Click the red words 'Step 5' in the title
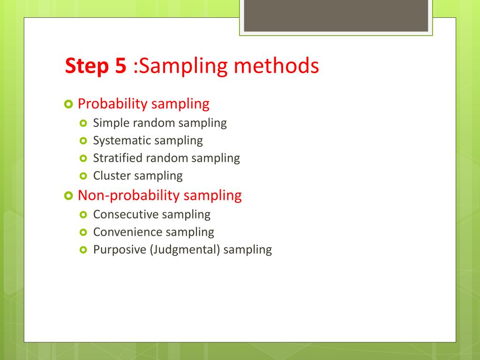(x=95, y=66)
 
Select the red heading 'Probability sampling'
(x=143, y=104)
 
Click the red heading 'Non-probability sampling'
(x=159, y=195)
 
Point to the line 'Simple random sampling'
(x=160, y=123)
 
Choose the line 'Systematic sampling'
(x=148, y=140)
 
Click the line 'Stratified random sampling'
(x=166, y=158)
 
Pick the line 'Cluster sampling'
(x=138, y=176)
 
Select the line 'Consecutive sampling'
(x=152, y=214)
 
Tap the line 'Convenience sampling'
(x=153, y=232)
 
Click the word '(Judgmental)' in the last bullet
(x=185, y=250)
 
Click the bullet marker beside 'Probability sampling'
(x=68, y=104)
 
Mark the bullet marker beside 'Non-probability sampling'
(x=68, y=195)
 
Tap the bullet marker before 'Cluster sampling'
(x=84, y=176)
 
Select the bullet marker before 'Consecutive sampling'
(x=84, y=215)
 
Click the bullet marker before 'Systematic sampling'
(x=84, y=141)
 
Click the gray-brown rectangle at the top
(x=336, y=15)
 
